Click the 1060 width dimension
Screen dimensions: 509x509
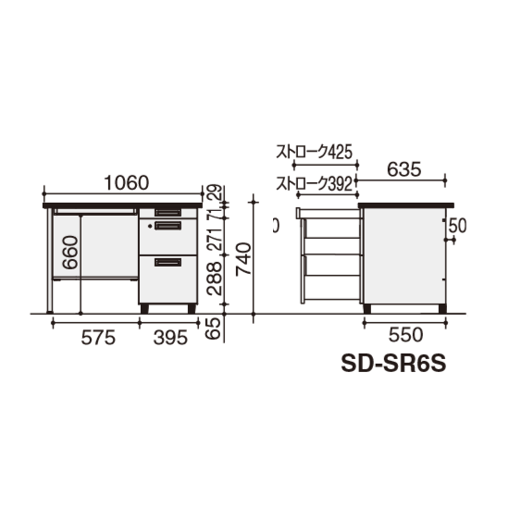coord(127,183)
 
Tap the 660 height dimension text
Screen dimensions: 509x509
coord(70,253)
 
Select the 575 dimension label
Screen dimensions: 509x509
coord(98,337)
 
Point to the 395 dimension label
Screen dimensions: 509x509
coord(170,337)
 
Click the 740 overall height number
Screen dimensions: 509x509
coord(243,259)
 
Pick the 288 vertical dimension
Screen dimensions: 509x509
coord(215,279)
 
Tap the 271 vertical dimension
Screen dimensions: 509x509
coord(215,239)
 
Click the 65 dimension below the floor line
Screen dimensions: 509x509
coord(215,329)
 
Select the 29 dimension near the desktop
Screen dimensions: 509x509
coord(215,192)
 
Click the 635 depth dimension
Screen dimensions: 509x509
coord(404,169)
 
